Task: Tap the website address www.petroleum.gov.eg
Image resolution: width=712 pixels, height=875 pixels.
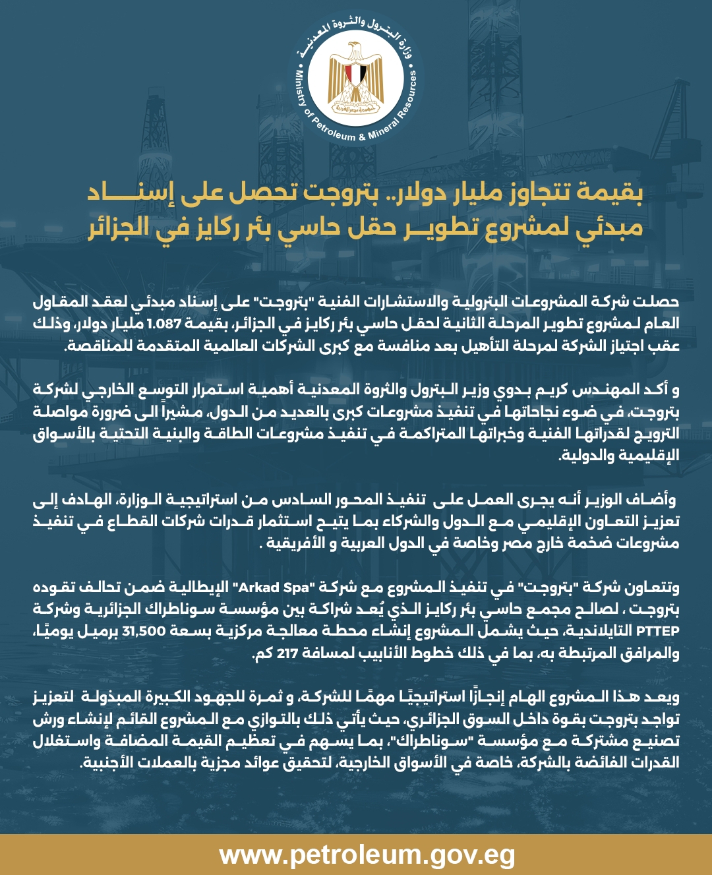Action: coord(367,855)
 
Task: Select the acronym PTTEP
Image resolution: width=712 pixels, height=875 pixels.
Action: coord(658,631)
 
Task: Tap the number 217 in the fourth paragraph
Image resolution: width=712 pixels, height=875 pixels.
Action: coord(287,653)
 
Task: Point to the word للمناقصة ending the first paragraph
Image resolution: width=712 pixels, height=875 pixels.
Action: coord(96,346)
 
